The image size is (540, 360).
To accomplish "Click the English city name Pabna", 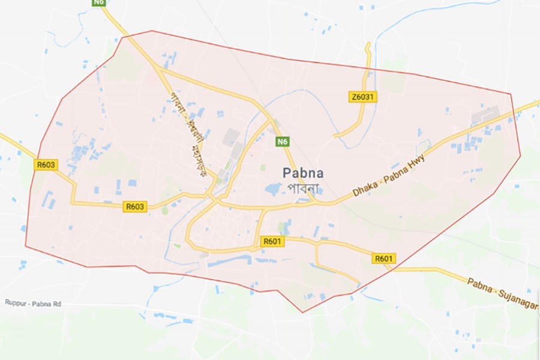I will pos(303,173).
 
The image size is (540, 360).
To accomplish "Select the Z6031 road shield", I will pos(362,97).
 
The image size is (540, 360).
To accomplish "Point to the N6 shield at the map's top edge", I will pos(99,3).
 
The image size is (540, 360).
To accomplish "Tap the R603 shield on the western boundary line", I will pos(46,164).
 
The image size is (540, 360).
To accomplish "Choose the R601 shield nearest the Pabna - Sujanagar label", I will pos(383,259).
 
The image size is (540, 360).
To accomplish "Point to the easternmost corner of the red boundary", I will pos(520,155).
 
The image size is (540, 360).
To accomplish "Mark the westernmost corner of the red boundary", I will pos(25,245).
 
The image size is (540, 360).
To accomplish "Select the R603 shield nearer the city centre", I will pos(135,206).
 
